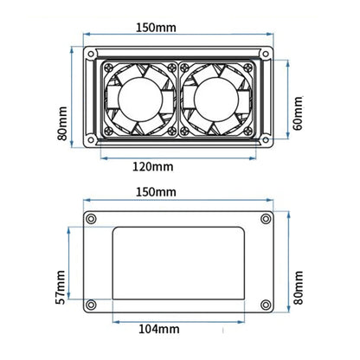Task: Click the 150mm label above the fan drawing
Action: (156, 28)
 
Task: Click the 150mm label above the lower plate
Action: (156, 192)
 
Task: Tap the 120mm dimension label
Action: (153, 167)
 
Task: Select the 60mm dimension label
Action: (298, 113)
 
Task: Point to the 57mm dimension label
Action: (61, 287)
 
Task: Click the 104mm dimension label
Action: (159, 329)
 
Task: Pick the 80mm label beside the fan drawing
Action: (62, 124)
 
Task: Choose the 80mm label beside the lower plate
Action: (299, 287)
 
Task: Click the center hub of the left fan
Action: (140, 100)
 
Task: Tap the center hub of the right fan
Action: (216, 100)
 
